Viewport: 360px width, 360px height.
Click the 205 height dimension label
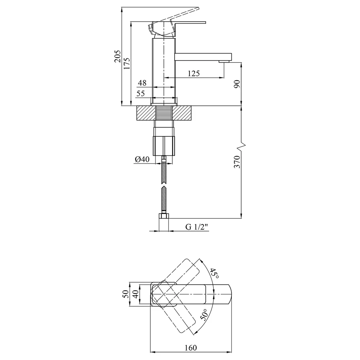click(x=118, y=56)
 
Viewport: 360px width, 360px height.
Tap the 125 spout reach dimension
click(x=194, y=73)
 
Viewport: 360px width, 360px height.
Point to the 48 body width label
click(x=142, y=83)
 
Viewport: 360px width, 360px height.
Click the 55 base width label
click(x=141, y=94)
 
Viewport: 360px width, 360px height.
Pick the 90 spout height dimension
click(x=237, y=84)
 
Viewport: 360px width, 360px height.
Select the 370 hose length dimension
click(x=237, y=162)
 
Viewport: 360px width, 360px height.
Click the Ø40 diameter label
click(x=142, y=159)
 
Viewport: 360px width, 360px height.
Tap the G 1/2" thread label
click(x=197, y=227)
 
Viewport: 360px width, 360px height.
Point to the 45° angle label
click(x=214, y=273)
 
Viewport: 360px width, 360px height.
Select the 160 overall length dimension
click(x=191, y=348)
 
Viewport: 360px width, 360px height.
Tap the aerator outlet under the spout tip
click(x=224, y=61)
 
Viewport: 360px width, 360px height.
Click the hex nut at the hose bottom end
click(x=164, y=216)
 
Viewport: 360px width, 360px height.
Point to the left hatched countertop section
click(x=146, y=113)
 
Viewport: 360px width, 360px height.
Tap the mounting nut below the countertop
click(x=164, y=146)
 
